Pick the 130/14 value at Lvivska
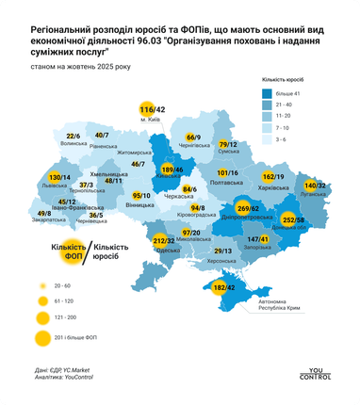pyautogui.click(x=59, y=177)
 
